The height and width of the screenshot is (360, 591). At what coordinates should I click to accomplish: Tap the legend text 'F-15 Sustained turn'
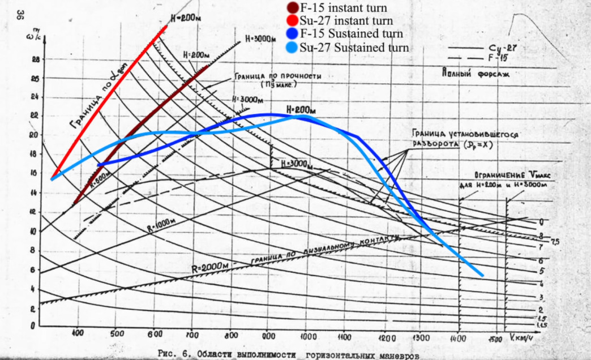[351, 34]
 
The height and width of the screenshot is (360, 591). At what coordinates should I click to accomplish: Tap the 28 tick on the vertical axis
[35, 59]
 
